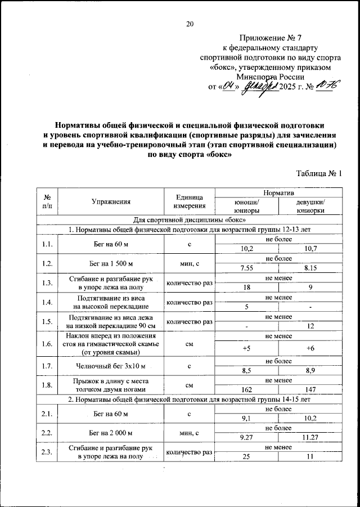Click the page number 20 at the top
click(x=190, y=24)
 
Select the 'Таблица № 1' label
click(x=318, y=174)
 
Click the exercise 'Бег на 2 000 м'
click(x=111, y=433)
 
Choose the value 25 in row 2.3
click(x=246, y=457)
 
